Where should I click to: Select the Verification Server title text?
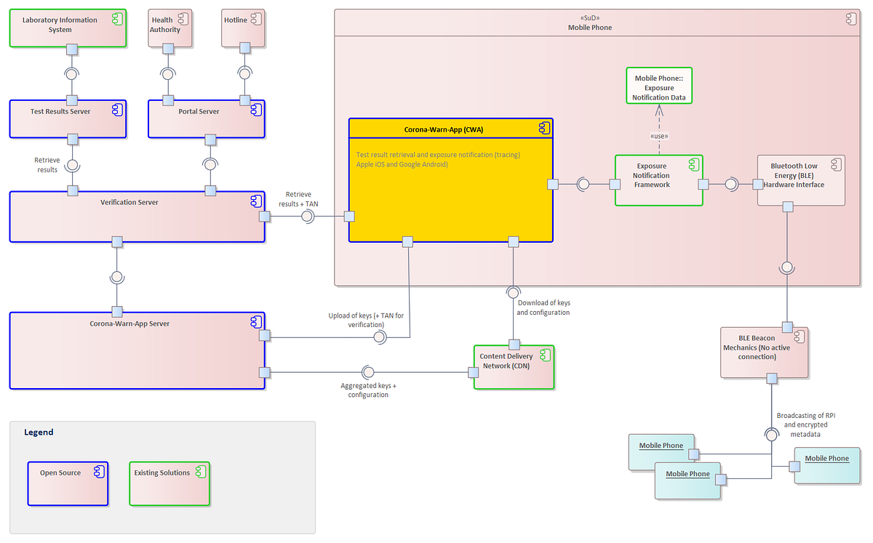[129, 202]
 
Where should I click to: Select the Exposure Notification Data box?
[658, 88]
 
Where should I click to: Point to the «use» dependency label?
[658, 136]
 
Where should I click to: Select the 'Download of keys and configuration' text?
[543, 307]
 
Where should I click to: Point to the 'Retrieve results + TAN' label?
[298, 199]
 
